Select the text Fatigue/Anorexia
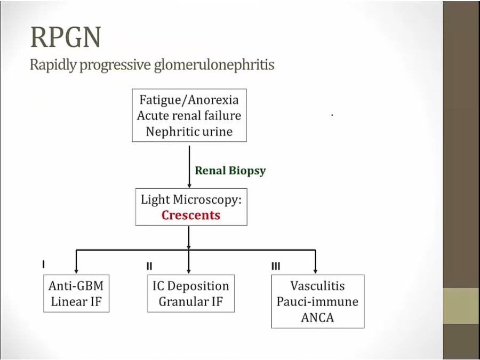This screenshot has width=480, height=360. pos(189,100)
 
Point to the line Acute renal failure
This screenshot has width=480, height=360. pos(189,115)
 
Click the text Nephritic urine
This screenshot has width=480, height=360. pos(189,131)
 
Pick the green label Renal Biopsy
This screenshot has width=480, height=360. pos(230,171)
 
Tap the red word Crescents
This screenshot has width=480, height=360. pos(190,215)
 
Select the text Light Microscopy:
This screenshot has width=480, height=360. pos(190,200)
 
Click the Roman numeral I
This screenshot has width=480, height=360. pos(44,264)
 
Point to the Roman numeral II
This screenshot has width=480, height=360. pos(150,266)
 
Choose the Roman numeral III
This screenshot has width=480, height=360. pos(276,266)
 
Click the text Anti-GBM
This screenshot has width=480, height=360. pos(76,286)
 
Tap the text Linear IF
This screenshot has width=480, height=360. pos(76,301)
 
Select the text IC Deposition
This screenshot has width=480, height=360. pos(190,286)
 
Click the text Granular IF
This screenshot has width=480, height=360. pos(190,301)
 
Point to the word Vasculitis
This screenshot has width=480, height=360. pos(317,286)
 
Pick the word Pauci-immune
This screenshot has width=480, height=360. pos(317,301)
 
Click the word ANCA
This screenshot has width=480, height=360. pos(317,317)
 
